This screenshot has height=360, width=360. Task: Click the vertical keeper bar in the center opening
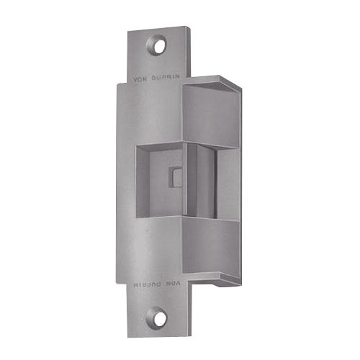[193, 180]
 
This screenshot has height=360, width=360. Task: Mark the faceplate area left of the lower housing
[148, 248]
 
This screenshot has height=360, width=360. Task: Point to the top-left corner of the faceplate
[130, 32]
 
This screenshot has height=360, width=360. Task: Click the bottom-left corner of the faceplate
[130, 335]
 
